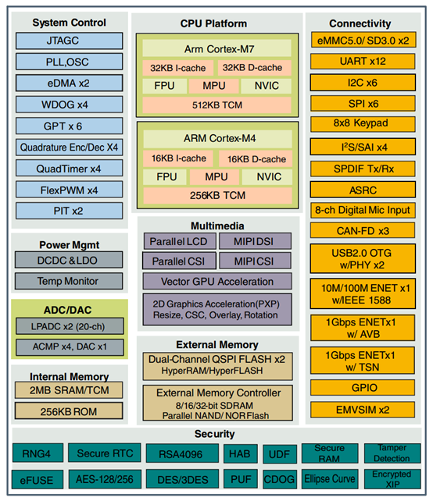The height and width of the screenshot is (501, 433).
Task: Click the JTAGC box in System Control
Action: (70, 41)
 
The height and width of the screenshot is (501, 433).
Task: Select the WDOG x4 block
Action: (70, 105)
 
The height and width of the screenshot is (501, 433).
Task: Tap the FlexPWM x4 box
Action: (70, 190)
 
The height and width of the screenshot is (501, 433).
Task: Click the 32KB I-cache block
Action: (177, 69)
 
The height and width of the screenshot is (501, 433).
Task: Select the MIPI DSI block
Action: (255, 240)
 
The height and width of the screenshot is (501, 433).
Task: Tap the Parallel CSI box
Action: (177, 261)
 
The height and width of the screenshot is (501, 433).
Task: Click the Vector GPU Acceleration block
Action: (216, 281)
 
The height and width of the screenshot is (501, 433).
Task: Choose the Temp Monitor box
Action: (69, 281)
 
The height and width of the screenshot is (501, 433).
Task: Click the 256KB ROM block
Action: (69, 409)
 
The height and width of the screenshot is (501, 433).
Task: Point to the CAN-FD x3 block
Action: (360, 230)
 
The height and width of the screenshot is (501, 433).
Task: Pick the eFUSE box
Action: (36, 478)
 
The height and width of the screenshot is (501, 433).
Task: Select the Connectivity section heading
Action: (360, 23)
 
